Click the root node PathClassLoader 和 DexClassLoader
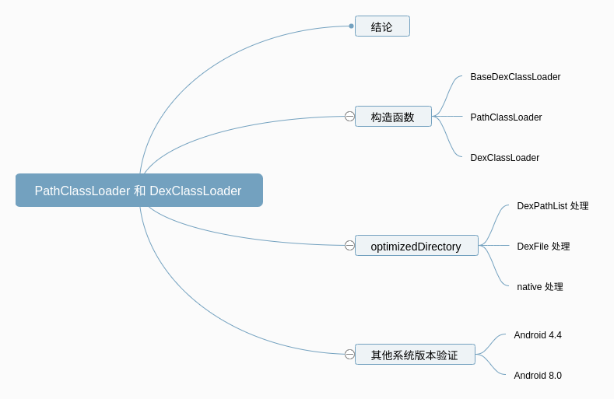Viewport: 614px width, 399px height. click(x=139, y=191)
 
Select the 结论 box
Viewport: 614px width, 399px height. click(x=382, y=26)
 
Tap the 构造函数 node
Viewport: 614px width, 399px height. click(x=393, y=117)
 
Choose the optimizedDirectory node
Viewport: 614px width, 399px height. click(x=416, y=246)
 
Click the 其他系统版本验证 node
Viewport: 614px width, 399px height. click(x=415, y=355)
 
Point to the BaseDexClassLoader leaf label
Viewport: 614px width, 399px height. click(x=515, y=77)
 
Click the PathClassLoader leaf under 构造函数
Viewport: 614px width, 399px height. click(x=506, y=117)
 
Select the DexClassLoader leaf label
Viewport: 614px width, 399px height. click(x=504, y=158)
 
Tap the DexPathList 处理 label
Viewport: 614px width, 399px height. click(x=553, y=206)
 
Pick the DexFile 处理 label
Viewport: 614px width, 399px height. click(x=543, y=247)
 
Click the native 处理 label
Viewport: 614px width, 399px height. click(x=539, y=287)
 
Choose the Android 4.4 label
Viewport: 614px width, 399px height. click(x=537, y=335)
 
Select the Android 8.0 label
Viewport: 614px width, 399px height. click(x=537, y=376)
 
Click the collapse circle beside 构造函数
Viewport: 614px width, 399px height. click(x=349, y=117)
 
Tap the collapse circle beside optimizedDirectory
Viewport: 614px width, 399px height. click(x=349, y=246)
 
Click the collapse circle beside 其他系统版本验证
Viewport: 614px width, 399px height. click(x=349, y=355)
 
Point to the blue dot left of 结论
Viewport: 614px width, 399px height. click(x=351, y=26)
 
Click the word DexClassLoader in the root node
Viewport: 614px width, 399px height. click(x=195, y=191)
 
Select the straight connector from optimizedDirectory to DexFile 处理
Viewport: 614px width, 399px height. click(x=495, y=246)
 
